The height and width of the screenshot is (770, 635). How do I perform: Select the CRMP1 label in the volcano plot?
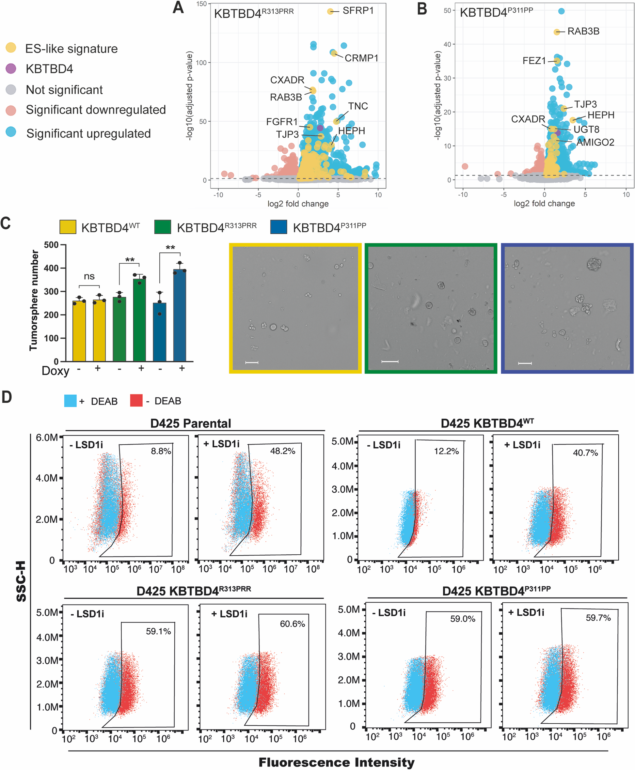click(x=361, y=58)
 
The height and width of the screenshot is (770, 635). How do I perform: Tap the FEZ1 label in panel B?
click(x=534, y=60)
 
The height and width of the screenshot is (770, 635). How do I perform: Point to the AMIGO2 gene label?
click(x=595, y=142)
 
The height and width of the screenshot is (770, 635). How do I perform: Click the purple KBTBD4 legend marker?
click(x=11, y=68)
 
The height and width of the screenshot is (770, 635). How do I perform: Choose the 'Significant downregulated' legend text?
click(x=95, y=110)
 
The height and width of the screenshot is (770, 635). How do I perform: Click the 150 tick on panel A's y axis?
click(x=201, y=4)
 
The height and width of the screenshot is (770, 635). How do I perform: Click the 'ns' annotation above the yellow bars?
click(x=89, y=276)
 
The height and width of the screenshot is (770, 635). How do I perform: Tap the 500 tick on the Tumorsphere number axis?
click(x=51, y=245)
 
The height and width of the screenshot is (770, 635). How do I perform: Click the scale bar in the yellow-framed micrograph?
click(x=252, y=362)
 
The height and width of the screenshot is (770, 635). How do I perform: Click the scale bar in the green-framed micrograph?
click(x=390, y=362)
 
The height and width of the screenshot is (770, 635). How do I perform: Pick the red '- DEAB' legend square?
click(x=136, y=401)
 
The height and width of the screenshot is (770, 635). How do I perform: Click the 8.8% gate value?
click(x=161, y=451)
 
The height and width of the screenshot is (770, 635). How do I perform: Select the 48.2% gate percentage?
click(x=282, y=451)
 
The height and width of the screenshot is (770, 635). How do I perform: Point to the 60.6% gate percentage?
click(x=292, y=624)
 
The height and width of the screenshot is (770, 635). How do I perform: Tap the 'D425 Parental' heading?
click(x=191, y=423)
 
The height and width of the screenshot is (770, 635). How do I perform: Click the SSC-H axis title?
click(x=21, y=581)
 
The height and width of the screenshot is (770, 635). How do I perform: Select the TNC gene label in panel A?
click(x=358, y=106)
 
